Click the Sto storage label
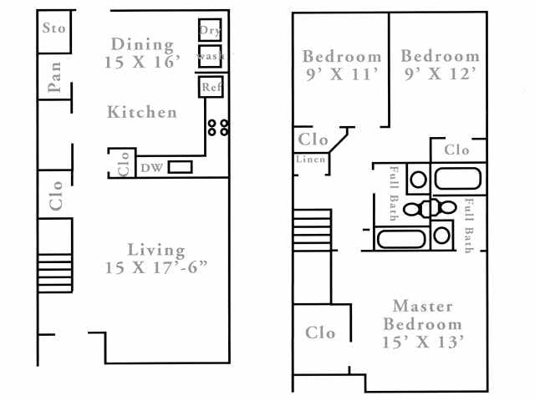pos(53,28)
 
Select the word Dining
pos(142,44)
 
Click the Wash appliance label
pos(210,56)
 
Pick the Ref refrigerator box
pos(209,85)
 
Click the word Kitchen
pos(142,112)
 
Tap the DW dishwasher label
pos(150,168)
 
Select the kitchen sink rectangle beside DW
pos(180,167)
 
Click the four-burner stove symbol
pos(218,127)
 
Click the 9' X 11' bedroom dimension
pos(341,74)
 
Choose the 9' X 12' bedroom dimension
pos(440,74)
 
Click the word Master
pos(422,306)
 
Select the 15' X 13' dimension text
pos(422,342)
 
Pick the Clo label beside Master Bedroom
pos(320,332)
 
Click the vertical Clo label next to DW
pos(123,164)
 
